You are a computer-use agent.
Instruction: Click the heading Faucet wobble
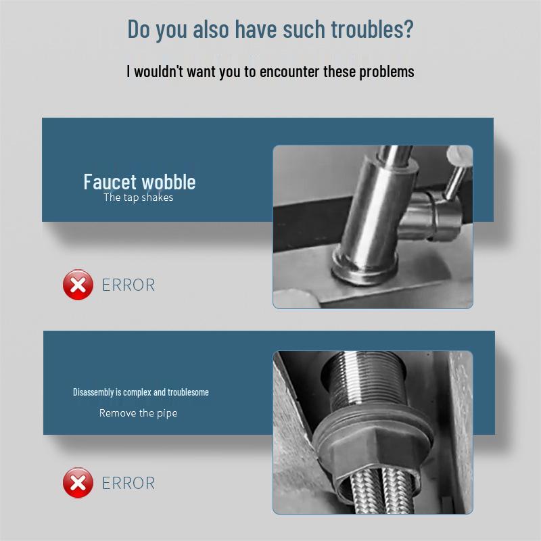point(139,181)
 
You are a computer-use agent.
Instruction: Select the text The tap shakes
point(138,197)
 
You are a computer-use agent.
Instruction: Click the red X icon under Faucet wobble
point(78,285)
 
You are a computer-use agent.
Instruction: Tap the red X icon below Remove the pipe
point(78,483)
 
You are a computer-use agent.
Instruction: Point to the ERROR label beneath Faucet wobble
point(128,285)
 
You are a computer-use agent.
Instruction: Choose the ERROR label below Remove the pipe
point(128,483)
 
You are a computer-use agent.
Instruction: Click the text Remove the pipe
point(138,413)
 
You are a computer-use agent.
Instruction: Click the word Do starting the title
point(139,29)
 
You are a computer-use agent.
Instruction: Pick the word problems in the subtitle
point(385,71)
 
